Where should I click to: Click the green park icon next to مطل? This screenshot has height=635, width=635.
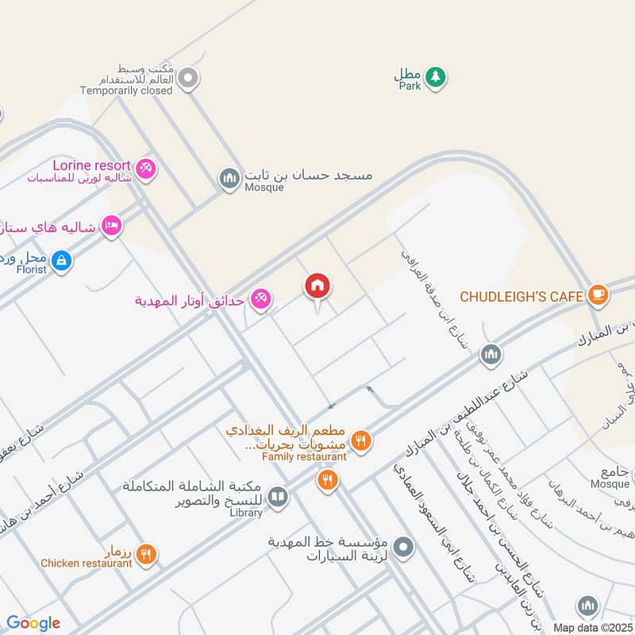point(434,77)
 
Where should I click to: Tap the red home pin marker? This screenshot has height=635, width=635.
point(317,287)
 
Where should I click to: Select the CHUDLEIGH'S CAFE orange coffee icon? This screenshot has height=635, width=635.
point(598,295)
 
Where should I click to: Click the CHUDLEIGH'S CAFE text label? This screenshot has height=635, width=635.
point(521,296)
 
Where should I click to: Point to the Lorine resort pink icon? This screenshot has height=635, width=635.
point(145,167)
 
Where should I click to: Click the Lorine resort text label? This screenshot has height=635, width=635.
point(91,165)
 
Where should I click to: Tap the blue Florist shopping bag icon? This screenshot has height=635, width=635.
point(61,259)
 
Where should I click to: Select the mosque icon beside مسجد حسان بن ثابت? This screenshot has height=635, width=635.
point(229,179)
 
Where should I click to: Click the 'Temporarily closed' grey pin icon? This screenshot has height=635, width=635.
point(188,78)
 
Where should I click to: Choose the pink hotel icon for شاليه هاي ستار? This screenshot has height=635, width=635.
point(111,227)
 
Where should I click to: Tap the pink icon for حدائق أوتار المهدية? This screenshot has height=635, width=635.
point(260,299)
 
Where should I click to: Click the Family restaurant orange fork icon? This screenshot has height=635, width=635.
point(361,440)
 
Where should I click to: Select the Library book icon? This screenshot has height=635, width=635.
point(277,498)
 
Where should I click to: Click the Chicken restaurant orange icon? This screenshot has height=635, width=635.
point(145,554)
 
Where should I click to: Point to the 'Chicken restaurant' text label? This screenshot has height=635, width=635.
point(87,563)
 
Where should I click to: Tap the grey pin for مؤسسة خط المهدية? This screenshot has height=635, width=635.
point(404,546)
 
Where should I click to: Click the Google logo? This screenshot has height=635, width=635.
point(33,623)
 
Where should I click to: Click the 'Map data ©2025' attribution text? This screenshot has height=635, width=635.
point(593,627)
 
